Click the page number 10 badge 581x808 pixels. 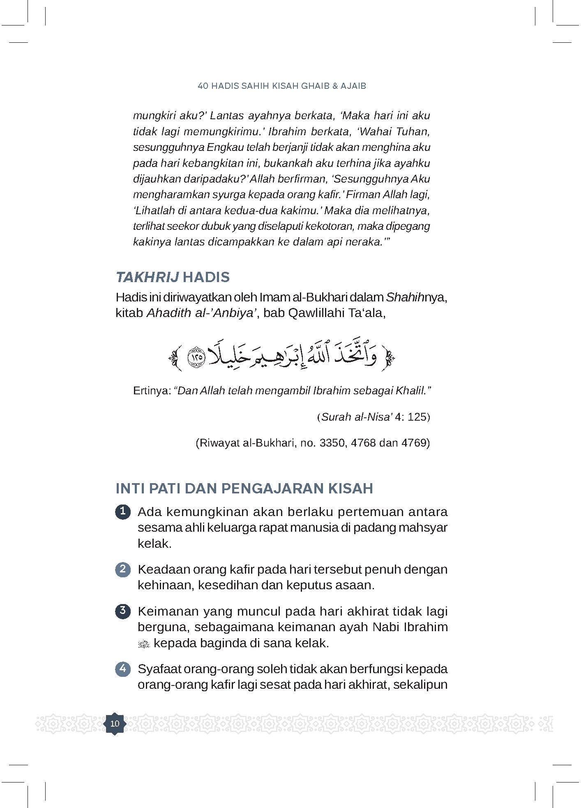[x=115, y=724]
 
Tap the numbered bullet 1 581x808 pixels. [x=122, y=512]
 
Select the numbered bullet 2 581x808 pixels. [x=122, y=570]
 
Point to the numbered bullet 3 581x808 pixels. [x=122, y=611]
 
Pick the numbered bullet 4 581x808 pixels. [x=122, y=669]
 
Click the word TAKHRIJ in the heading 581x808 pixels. [x=147, y=277]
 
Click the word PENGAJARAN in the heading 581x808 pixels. [x=272, y=489]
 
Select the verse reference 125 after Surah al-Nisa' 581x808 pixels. [x=417, y=417]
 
